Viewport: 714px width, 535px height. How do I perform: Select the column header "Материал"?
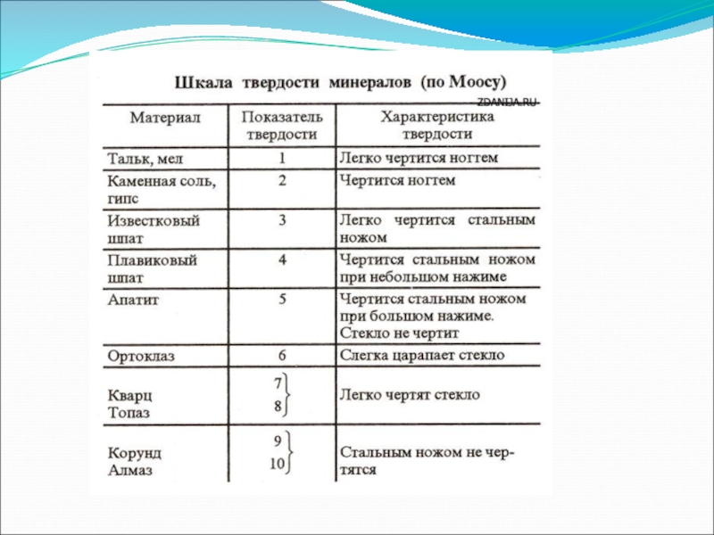[x=165, y=118]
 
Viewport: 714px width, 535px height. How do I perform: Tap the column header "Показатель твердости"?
[x=281, y=125]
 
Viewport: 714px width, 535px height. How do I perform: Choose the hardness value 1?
[x=281, y=158]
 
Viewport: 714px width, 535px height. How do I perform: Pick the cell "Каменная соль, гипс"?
[x=161, y=189]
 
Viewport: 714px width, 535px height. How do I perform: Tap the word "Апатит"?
[x=133, y=300]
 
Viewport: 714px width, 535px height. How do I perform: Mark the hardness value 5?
[x=281, y=300]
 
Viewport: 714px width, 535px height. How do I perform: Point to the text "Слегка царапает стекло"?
[x=422, y=356]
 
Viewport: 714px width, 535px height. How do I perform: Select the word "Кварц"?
[x=129, y=396]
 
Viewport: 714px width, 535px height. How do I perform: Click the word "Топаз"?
[x=129, y=414]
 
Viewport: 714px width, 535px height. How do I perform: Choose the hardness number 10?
[x=278, y=463]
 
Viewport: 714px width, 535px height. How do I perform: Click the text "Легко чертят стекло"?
[x=410, y=394]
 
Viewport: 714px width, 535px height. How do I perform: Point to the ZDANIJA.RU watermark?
[x=508, y=103]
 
